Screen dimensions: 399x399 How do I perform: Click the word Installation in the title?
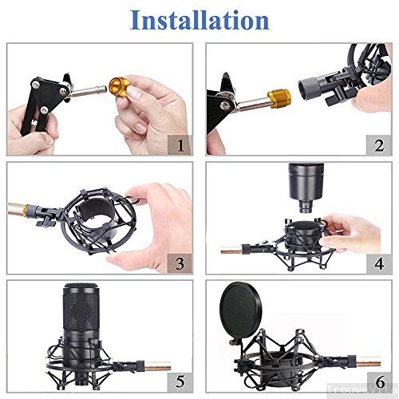point(199,19)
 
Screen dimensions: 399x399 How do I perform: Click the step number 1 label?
point(180,144)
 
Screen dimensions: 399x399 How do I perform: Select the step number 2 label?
point(377,144)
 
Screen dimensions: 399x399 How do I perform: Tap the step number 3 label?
point(180,263)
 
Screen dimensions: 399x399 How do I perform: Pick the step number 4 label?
point(377,263)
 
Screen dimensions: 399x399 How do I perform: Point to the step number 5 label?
point(180,381)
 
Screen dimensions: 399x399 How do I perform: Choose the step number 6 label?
point(377,381)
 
